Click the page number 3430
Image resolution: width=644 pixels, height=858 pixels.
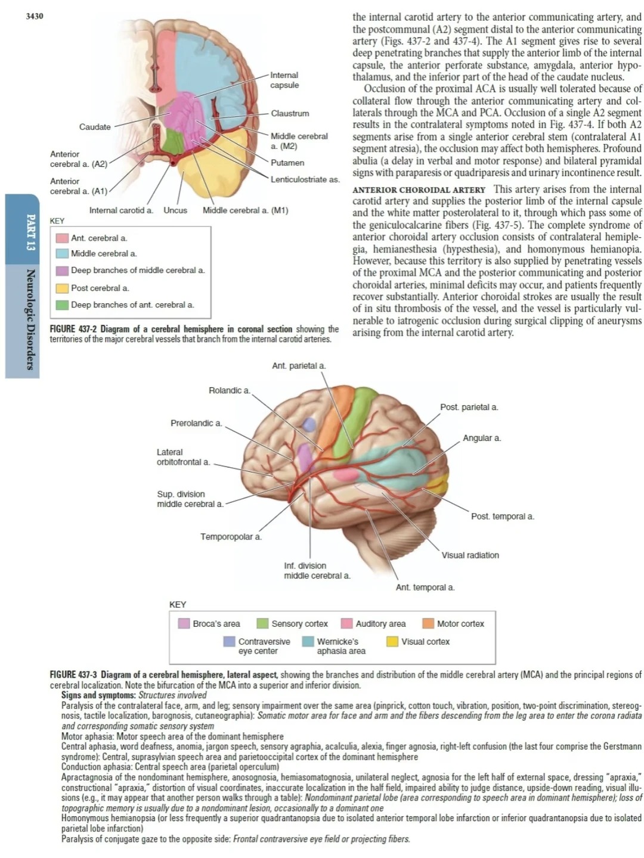35,16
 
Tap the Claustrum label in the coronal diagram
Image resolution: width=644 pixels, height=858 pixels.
290,113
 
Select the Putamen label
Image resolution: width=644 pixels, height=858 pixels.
287,163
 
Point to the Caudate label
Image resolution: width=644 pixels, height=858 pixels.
95,127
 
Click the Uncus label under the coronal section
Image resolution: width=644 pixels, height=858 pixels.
175,210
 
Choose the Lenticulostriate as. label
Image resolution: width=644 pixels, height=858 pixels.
305,179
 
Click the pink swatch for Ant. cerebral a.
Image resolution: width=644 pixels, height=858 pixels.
62,238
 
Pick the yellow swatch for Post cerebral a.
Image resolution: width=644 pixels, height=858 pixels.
62,288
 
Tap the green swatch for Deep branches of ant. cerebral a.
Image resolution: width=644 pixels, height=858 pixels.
62,305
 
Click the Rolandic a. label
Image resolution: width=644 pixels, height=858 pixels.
229,390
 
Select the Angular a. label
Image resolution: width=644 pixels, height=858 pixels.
482,438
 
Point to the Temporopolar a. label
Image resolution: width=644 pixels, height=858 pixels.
231,537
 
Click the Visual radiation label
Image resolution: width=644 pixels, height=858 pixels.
470,555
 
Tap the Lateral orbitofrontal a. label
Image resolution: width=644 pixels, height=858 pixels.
183,457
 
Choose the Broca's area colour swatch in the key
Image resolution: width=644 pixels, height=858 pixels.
184,624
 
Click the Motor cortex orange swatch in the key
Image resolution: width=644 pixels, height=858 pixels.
428,624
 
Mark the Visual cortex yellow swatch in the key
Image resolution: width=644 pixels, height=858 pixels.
392,642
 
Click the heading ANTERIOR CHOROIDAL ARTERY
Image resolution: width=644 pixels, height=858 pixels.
419,190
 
